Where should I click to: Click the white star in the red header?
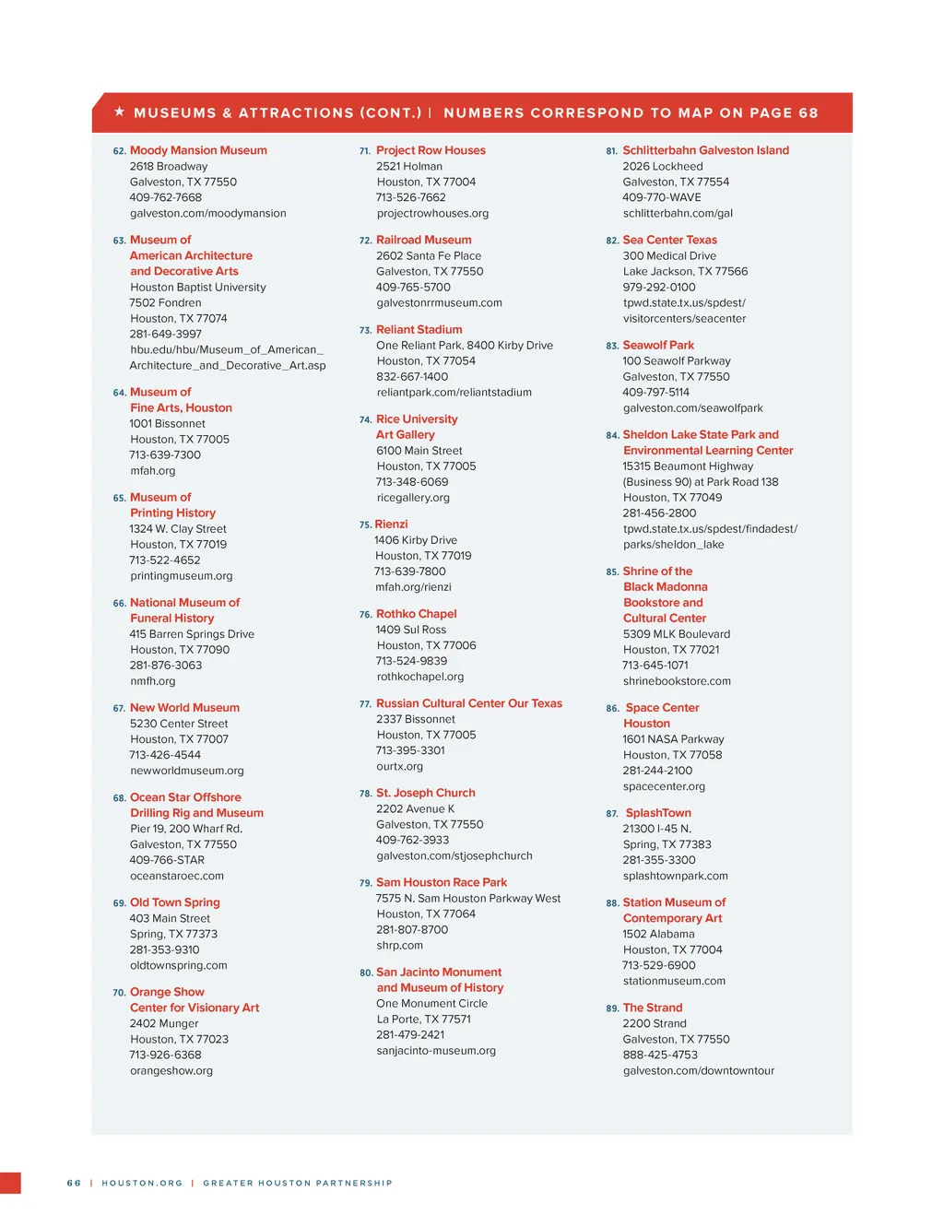point(120,112)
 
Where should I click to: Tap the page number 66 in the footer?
point(74,1183)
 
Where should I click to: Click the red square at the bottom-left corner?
point(10,1184)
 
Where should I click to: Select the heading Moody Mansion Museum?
point(198,150)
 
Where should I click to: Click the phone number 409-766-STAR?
point(167,860)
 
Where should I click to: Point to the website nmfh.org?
point(152,681)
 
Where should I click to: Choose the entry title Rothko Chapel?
point(416,614)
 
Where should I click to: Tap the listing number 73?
point(365,330)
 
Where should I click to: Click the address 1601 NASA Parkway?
point(673,739)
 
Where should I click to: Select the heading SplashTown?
point(658,813)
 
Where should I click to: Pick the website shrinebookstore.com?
point(677,681)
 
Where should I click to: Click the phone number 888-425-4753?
point(660,1055)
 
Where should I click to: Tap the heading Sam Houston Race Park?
point(442,882)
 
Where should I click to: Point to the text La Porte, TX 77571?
point(423,1020)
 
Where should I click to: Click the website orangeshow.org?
point(171,1071)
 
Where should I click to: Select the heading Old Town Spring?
point(175,902)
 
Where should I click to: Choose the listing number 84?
point(612,435)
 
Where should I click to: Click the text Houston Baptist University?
point(198,288)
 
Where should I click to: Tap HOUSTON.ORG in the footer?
point(142,1183)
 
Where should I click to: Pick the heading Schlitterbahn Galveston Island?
point(705,150)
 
